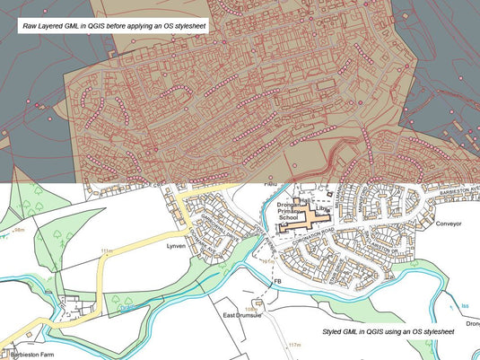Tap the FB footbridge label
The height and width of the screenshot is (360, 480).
click(x=278, y=282)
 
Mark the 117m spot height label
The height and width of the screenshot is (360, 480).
click(x=292, y=345)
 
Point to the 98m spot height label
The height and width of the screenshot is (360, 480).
click(x=13, y=231)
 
